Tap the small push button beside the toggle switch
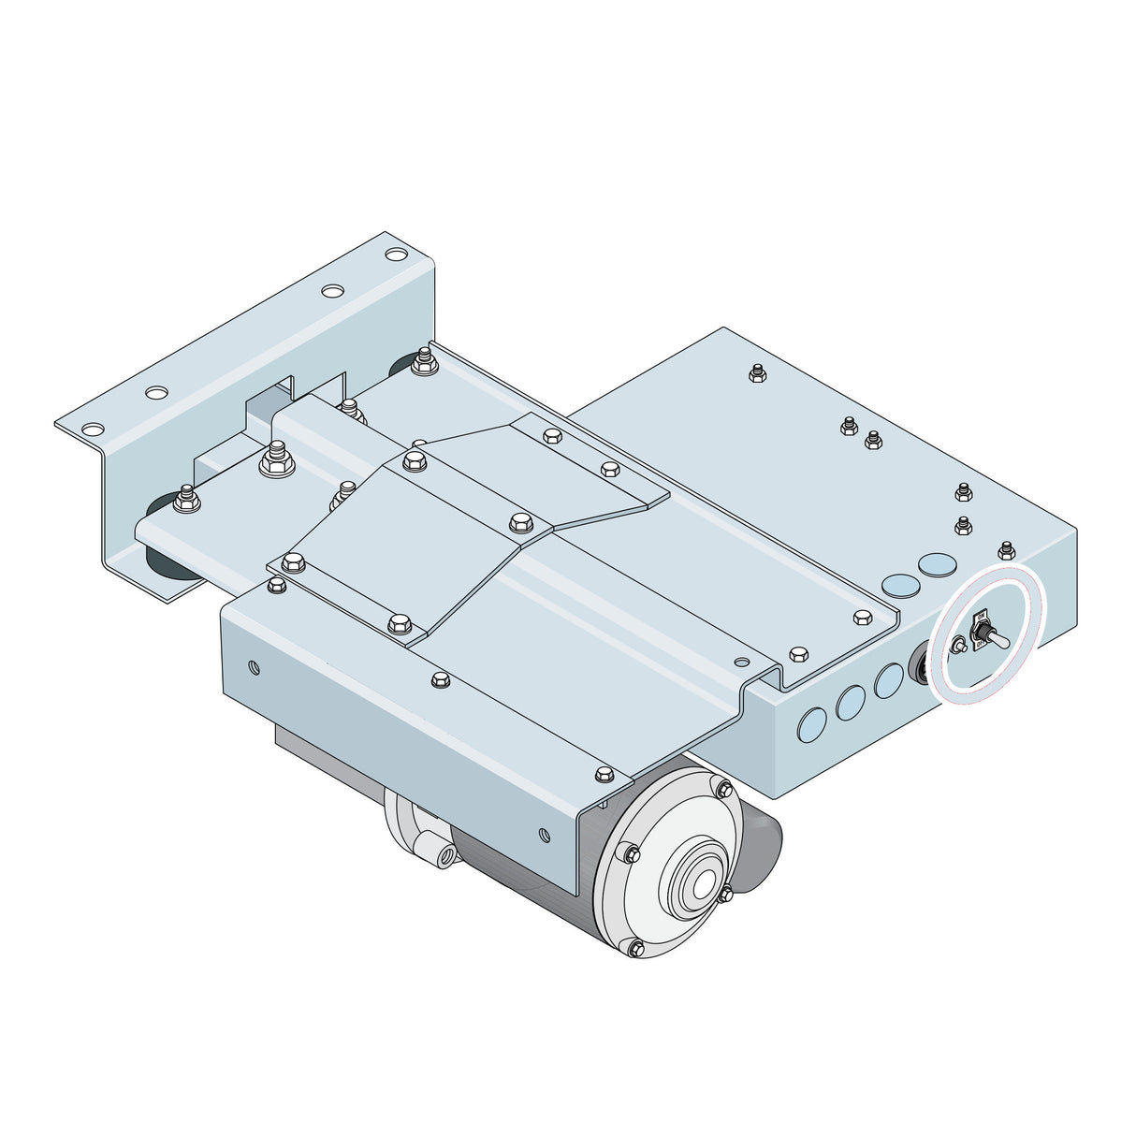958,645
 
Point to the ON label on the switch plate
982,618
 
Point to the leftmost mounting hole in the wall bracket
92,430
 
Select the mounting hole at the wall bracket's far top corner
397,254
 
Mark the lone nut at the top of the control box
757,375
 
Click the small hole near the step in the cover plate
742,663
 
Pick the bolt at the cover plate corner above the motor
602,773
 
